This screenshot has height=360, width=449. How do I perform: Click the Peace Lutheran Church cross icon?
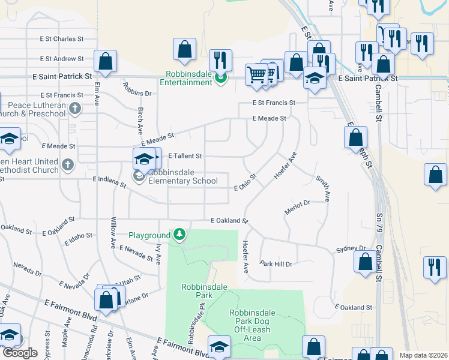(74, 109)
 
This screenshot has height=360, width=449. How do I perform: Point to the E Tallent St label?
(185, 156)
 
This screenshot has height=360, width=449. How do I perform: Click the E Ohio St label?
(246, 184)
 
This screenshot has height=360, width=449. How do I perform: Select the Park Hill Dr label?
(276, 263)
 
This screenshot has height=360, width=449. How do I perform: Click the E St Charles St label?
(61, 39)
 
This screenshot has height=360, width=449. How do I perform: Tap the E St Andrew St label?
(61, 59)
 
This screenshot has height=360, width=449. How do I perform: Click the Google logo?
(20, 353)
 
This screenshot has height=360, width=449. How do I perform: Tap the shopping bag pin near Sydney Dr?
(366, 262)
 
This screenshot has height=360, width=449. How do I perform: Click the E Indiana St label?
(109, 181)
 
